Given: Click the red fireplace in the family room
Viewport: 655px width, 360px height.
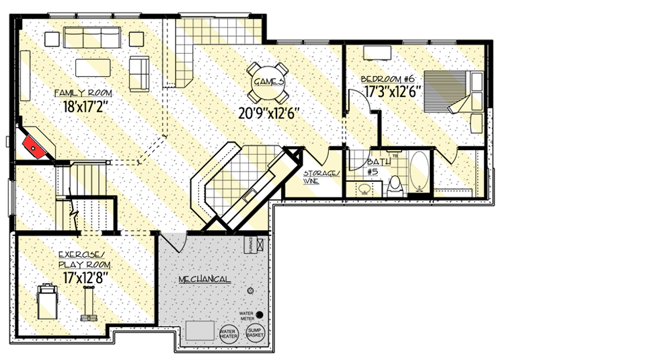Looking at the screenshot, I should [x=32, y=144].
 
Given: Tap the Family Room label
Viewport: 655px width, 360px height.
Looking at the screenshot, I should [x=83, y=92].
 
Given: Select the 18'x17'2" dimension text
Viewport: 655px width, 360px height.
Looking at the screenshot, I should [x=83, y=106].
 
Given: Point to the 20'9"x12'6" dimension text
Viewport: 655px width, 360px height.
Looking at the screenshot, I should [x=268, y=114].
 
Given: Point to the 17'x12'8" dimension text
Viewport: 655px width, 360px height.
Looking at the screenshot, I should [x=85, y=277].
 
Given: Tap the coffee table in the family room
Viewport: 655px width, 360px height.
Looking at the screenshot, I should [x=93, y=67].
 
